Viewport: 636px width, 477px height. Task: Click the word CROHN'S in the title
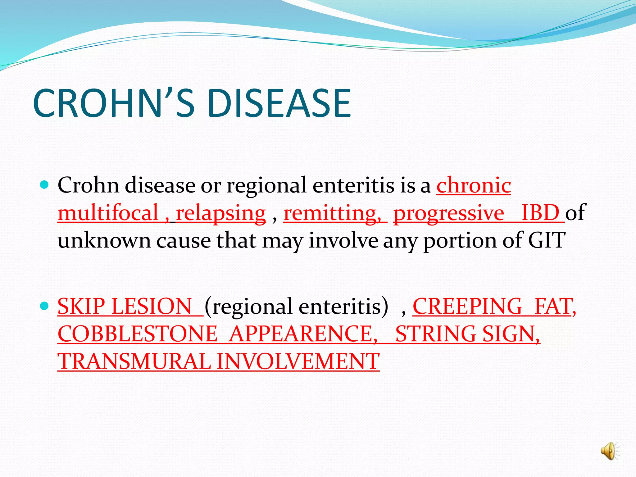pos(113,103)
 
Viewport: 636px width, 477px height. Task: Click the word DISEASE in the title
pos(279,103)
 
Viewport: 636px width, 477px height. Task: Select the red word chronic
pos(474,185)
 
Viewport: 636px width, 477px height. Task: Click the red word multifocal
pos(108,213)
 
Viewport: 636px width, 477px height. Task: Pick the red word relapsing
pos(221,213)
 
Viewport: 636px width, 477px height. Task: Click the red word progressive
pos(449,213)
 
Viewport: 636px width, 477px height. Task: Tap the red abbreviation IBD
pos(540,213)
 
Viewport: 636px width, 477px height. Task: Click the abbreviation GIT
pos(547,240)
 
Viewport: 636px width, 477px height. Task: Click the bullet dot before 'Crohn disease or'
pos(45,185)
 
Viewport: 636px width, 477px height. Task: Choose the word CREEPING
pos(468,307)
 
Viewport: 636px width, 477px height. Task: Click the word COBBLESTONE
pos(138,334)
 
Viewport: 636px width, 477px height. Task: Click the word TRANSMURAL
pos(134,362)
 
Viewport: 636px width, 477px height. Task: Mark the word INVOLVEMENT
pos(298,362)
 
